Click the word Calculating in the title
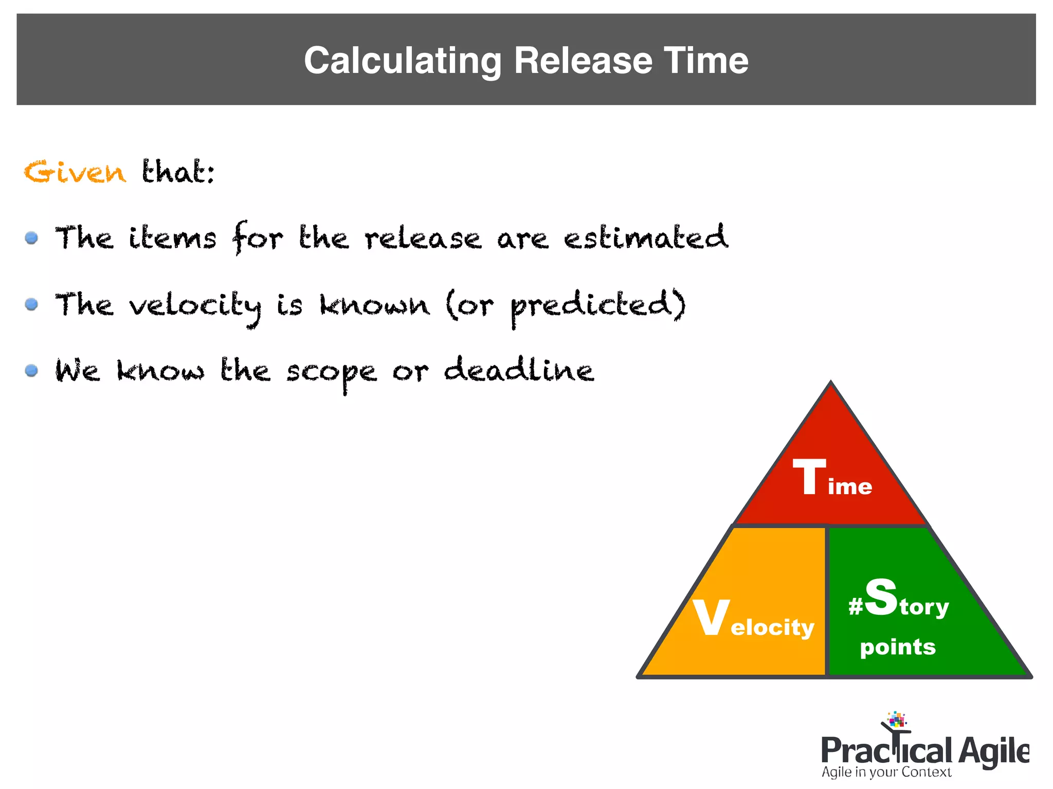[402, 61]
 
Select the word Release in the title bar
[583, 61]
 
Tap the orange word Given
[75, 172]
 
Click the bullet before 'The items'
[31, 238]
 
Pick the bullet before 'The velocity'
[31, 304]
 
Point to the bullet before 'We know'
[31, 370]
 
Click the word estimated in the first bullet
[646, 238]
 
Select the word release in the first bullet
[423, 239]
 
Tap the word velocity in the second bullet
[195, 306]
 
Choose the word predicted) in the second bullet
[598, 305]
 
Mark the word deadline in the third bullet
[519, 370]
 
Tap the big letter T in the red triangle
[809, 477]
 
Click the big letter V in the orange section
[711, 617]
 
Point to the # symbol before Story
[855, 607]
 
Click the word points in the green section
[898, 647]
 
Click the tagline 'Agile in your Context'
[886, 772]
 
